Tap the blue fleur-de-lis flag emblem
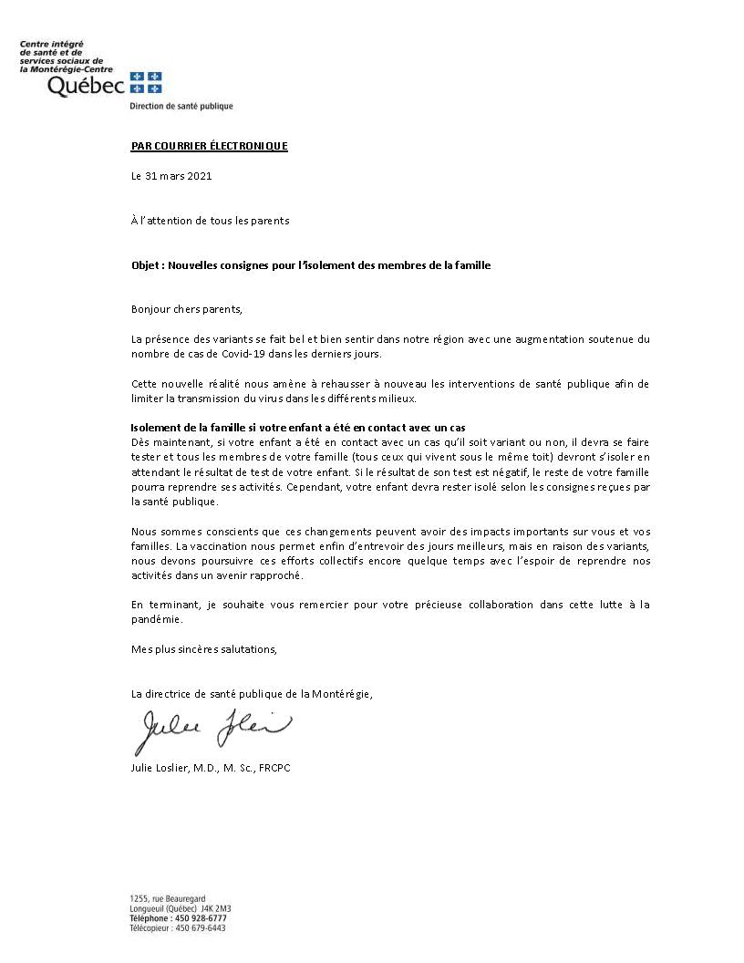point(146,82)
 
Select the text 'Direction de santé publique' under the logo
point(181,106)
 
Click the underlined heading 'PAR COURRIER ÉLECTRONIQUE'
point(209,146)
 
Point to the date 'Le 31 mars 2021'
point(171,176)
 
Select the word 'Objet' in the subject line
point(145,264)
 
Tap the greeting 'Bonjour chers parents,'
point(188,308)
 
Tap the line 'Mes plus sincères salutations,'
point(203,649)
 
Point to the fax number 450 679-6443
point(203,928)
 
